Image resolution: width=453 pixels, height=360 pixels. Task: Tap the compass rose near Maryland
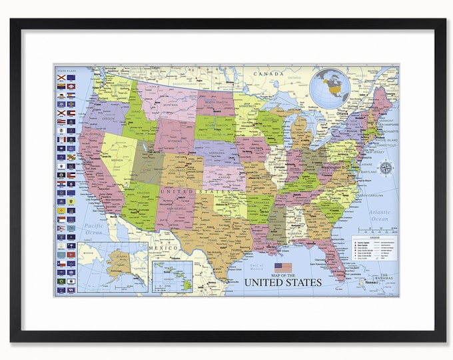click(384, 167)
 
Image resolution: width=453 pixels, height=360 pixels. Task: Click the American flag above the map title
click(283, 267)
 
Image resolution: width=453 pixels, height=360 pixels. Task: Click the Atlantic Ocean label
click(380, 214)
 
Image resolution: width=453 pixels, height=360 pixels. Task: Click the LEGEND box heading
click(374, 238)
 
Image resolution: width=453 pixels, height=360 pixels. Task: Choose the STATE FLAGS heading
click(65, 69)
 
